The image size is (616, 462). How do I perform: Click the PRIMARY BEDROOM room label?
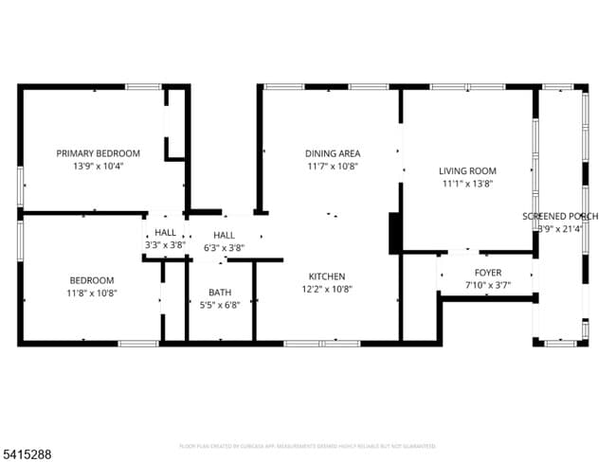(x=98, y=153)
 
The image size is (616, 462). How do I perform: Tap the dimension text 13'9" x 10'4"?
(x=98, y=166)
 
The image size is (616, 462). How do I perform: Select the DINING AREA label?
(x=332, y=153)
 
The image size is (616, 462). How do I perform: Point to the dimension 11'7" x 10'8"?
(x=332, y=166)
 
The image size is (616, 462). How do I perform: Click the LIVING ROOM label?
(x=467, y=171)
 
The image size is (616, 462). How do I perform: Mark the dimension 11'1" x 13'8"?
(x=467, y=184)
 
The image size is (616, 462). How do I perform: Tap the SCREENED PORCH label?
(x=560, y=216)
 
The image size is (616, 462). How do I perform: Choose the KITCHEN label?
(x=327, y=276)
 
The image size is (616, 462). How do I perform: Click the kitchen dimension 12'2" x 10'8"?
(x=327, y=289)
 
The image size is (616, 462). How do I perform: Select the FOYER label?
(x=488, y=273)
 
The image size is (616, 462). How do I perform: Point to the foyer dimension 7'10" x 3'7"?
(x=488, y=285)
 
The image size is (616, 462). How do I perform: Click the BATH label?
(x=220, y=293)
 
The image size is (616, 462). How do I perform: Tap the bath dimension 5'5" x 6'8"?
(x=220, y=305)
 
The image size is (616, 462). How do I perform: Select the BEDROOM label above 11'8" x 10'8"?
(x=91, y=280)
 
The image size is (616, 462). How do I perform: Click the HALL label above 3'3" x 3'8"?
(x=165, y=232)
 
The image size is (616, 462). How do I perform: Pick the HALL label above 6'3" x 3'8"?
(x=224, y=236)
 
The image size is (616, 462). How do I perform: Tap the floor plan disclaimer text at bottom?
(x=307, y=445)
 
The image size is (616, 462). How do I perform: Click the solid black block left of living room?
(x=394, y=233)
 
